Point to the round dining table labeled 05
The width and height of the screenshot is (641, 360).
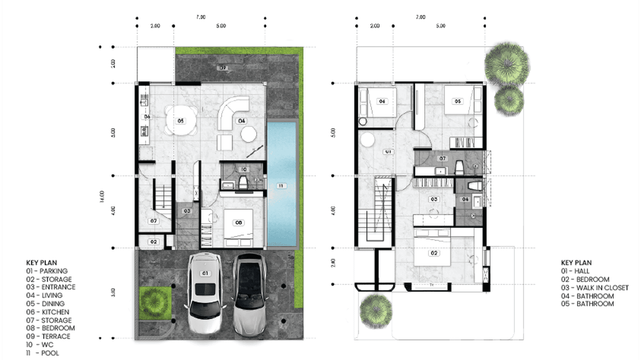pyautogui.click(x=181, y=121)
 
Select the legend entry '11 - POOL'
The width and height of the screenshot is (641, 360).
pyautogui.click(x=43, y=353)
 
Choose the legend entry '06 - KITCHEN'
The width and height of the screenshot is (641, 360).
pyautogui.click(x=48, y=312)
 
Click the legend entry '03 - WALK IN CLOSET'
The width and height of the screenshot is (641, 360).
pyautogui.click(x=601, y=287)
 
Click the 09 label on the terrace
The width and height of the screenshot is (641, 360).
pyautogui.click(x=223, y=68)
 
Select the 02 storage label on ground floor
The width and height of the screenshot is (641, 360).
pyautogui.click(x=153, y=242)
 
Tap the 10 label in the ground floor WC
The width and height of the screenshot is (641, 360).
pyautogui.click(x=243, y=169)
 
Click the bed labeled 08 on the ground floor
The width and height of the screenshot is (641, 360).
pyautogui.click(x=238, y=224)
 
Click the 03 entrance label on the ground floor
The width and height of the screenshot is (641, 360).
pyautogui.click(x=187, y=211)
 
